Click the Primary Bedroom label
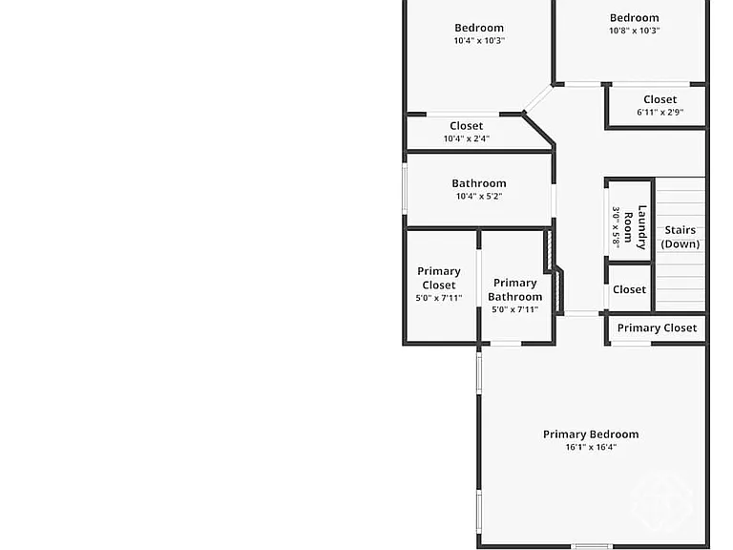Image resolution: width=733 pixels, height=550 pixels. tap(591, 434)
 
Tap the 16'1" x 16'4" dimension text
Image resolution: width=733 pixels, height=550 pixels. tap(591, 447)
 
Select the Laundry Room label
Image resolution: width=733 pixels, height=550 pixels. tap(636, 227)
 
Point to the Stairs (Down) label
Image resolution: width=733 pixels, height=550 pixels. tap(681, 237)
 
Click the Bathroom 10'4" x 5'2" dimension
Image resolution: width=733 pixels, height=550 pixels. tap(479, 196)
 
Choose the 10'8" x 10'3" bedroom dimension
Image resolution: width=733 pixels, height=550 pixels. tap(635, 31)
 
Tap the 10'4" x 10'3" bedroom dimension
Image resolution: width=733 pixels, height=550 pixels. tap(479, 40)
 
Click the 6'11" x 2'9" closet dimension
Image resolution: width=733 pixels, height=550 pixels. tap(660, 113)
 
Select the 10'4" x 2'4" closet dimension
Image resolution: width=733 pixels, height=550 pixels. tap(467, 138)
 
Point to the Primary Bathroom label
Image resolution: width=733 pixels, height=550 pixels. tap(515, 289)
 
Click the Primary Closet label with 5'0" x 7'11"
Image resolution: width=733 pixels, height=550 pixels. tap(439, 278)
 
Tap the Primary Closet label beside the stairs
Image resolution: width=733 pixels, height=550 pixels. tap(657, 328)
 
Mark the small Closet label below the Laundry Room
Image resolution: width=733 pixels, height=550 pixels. tap(629, 289)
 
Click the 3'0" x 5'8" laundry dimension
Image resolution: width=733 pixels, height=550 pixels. tap(617, 227)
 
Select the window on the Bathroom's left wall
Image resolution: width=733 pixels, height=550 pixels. tap(405, 188)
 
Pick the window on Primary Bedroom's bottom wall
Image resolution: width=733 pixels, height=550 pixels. tap(592, 546)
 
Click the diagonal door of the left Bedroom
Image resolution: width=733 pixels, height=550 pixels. tap(537, 98)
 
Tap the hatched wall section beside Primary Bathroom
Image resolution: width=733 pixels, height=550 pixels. tap(554, 272)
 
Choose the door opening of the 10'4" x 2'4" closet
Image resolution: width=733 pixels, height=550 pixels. tap(463, 115)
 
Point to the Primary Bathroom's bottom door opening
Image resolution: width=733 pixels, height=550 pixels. tap(506, 344)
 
